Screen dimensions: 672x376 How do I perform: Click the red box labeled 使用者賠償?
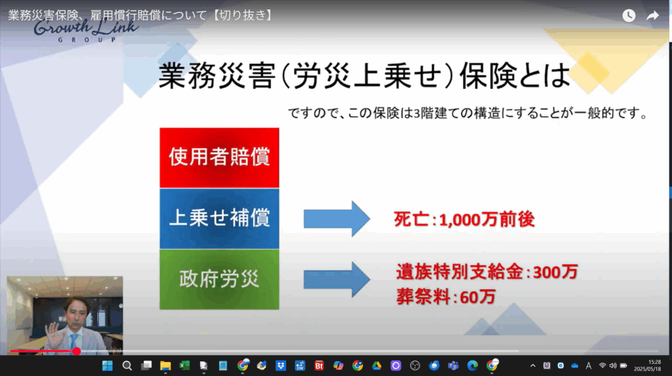click(x=219, y=158)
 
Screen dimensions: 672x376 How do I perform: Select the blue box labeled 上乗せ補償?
click(x=219, y=218)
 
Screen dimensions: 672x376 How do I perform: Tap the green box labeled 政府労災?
click(x=219, y=279)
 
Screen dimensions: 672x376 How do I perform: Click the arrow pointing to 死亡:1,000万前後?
click(x=337, y=218)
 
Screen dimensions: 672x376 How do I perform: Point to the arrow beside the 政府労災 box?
click(x=337, y=279)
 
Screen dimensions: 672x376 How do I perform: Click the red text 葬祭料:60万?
click(x=446, y=296)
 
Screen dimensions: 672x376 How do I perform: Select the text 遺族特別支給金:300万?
click(x=487, y=271)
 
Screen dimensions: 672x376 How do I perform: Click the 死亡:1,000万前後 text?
click(x=464, y=220)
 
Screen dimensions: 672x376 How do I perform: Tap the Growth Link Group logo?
click(x=86, y=31)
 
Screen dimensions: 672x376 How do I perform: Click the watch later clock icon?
click(x=629, y=16)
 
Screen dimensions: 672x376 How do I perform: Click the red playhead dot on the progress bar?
click(x=77, y=351)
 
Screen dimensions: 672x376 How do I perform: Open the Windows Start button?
click(x=108, y=366)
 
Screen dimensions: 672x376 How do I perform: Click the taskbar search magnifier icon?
click(x=127, y=366)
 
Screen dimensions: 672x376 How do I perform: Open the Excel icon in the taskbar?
click(x=184, y=366)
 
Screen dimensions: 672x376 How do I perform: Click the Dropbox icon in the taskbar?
click(x=281, y=366)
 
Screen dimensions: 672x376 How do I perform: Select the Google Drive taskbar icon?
click(x=377, y=366)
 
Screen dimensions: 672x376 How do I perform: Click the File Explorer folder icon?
click(x=165, y=366)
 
